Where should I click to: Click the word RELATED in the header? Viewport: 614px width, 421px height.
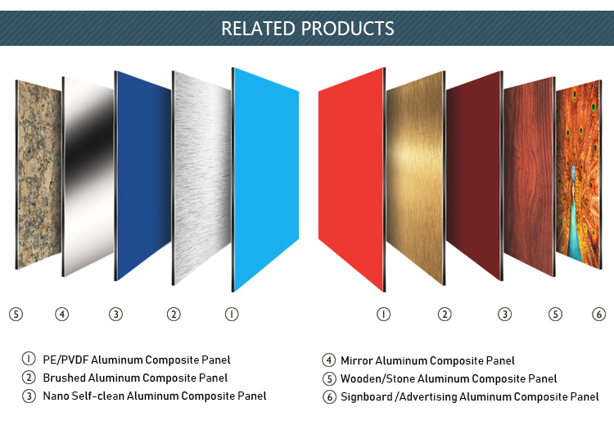tap(258, 29)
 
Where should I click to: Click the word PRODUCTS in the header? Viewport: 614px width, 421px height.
tap(348, 29)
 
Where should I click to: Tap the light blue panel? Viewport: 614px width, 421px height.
tap(265, 179)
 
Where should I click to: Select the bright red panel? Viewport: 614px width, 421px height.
tap(352, 179)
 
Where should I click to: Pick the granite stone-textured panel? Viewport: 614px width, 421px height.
tap(38, 174)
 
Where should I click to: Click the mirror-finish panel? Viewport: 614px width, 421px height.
tap(88, 176)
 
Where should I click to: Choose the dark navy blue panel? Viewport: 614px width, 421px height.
tap(142, 175)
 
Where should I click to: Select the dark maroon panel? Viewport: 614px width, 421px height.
tap(475, 175)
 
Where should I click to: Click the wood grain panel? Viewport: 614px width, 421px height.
tap(530, 176)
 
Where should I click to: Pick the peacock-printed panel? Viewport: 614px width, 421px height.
tap(579, 174)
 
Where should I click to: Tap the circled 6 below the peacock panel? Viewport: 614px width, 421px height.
tap(598, 314)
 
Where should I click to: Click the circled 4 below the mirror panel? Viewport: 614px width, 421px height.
tap(62, 314)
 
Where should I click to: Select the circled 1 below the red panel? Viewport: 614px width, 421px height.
tap(383, 314)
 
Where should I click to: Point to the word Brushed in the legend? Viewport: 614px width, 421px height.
tap(64, 378)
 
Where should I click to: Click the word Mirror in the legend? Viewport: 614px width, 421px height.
tap(356, 360)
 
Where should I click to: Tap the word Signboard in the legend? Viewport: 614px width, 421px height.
tap(367, 397)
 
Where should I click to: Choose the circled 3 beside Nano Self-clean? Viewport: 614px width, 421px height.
tap(29, 396)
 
